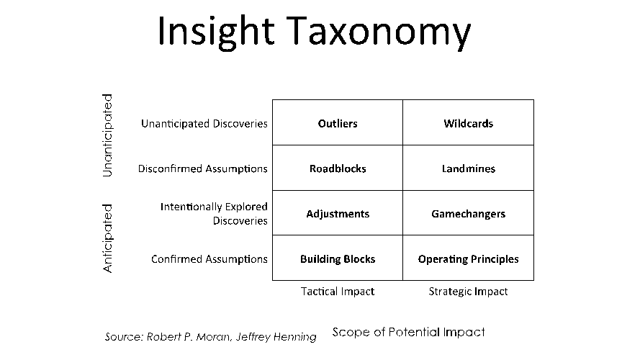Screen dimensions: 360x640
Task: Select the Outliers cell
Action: click(338, 123)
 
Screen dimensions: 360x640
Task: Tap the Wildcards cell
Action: click(468, 123)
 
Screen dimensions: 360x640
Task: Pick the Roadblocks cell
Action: click(338, 168)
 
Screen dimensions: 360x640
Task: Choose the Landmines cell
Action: click(468, 168)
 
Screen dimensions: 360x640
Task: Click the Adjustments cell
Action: click(338, 214)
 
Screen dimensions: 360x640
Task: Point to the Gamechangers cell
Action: click(468, 214)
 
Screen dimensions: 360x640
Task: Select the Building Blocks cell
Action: click(338, 259)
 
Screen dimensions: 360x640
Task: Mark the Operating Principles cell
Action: click(468, 259)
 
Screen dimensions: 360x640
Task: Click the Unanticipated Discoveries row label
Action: click(204, 123)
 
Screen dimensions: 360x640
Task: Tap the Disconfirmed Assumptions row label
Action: click(203, 168)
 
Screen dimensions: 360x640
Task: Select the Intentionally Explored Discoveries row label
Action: click(214, 214)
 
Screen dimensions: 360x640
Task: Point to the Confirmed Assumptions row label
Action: click(209, 259)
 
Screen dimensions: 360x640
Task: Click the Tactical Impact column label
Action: click(338, 292)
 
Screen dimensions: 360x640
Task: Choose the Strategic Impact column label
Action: click(468, 292)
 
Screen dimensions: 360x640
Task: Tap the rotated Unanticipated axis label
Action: click(107, 135)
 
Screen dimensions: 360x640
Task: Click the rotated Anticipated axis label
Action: click(107, 238)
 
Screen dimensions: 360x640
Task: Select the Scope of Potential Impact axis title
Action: click(408, 332)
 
